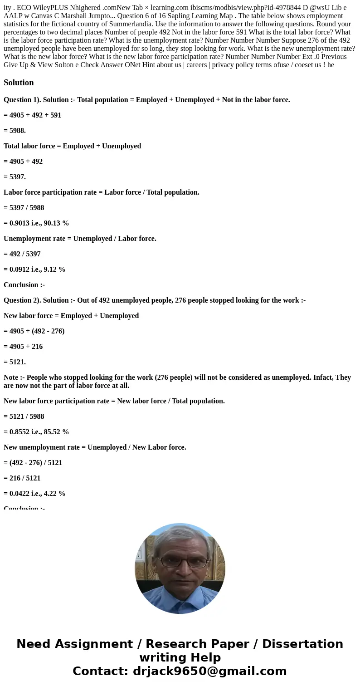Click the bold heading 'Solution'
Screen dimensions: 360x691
(19, 83)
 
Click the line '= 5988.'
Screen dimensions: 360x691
(15, 131)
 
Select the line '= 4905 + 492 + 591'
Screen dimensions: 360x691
(32, 115)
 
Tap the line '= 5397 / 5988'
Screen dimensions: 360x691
(24, 208)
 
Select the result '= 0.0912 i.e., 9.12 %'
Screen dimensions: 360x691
(34, 270)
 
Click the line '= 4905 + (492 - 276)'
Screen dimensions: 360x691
(34, 331)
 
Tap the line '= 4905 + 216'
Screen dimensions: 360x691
(23, 347)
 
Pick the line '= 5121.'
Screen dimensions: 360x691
(15, 362)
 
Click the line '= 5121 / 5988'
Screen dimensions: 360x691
(24, 417)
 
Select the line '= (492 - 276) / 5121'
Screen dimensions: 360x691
(33, 463)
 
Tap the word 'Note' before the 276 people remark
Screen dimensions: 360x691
(11, 377)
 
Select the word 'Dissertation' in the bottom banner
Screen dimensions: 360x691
(302, 644)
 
